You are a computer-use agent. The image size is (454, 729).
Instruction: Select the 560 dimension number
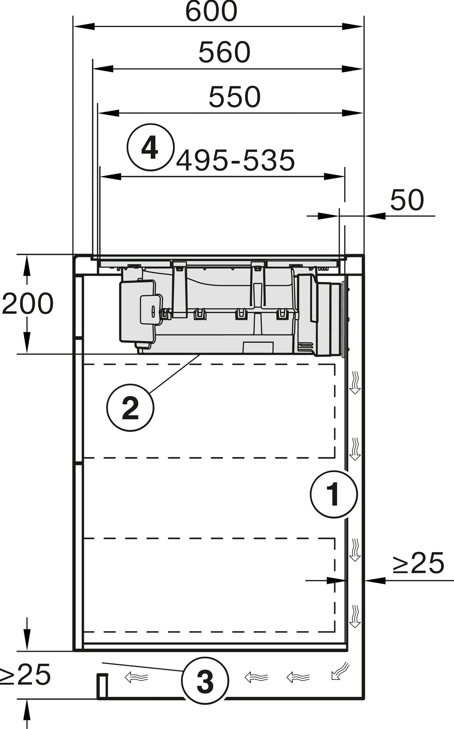click(x=224, y=53)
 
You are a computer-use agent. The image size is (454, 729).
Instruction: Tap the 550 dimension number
click(x=235, y=97)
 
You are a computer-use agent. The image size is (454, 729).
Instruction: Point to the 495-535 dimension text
click(x=235, y=161)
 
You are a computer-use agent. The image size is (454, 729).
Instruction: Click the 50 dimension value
click(x=407, y=200)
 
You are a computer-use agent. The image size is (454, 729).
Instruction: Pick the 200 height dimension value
click(x=28, y=304)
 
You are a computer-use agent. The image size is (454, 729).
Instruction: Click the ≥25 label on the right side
click(x=419, y=563)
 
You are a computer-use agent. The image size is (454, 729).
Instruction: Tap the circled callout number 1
click(x=334, y=495)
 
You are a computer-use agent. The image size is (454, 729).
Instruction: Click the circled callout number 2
click(x=130, y=408)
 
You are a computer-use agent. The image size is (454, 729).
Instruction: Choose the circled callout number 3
click(x=205, y=681)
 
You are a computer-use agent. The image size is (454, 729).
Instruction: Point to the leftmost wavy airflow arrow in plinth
click(x=136, y=678)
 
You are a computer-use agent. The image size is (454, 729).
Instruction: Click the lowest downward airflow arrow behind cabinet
click(x=355, y=617)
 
